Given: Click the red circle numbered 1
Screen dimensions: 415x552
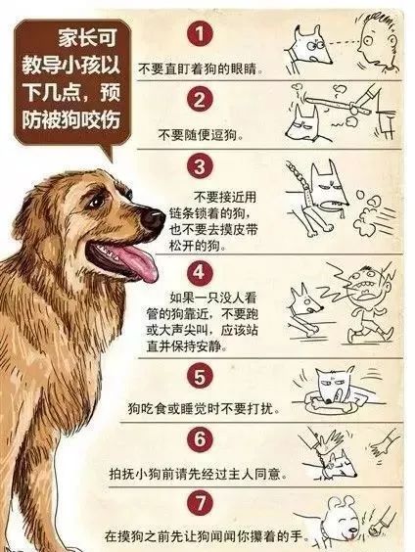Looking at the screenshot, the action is coord(200,34).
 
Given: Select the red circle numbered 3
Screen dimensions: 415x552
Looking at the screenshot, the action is coord(200,165).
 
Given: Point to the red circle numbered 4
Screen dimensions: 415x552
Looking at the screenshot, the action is coord(200,272).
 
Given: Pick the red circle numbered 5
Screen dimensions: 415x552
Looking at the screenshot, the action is coord(200,377).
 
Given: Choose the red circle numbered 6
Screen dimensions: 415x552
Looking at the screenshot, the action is coord(200,438).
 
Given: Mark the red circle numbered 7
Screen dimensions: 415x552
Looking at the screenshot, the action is coord(200,502).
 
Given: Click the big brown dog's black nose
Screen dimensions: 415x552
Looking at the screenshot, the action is coord(153,218).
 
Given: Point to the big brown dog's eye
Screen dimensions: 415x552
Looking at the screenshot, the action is coord(95,202).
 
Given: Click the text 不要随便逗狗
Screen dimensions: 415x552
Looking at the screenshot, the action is coord(201,135).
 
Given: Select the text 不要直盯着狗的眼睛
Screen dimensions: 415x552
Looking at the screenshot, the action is coord(201,68).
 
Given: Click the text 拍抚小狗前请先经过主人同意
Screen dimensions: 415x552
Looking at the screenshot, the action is coord(198,474).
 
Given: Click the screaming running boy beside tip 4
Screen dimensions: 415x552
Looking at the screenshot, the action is coord(369,302).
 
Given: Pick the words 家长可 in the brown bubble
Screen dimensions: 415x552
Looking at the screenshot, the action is coord(87,37).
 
